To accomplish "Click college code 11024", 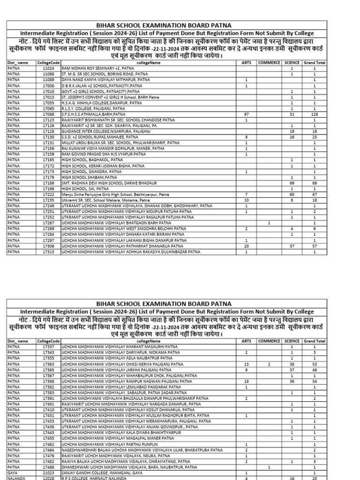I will pos(48,68).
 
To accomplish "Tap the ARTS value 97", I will pos(246,114).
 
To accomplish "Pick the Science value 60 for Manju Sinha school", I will pos(292,194).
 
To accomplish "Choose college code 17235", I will pos(48,200).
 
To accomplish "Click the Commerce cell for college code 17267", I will pos(269,223).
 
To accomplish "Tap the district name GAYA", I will pos(13,473).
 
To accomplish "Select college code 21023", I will pos(48,473).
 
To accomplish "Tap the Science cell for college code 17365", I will pos(292,369).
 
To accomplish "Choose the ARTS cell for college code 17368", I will pos(246,382).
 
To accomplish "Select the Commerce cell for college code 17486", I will pos(269,467).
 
